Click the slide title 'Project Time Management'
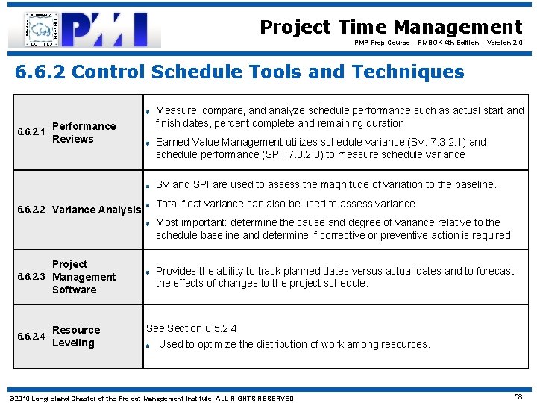(x=391, y=28)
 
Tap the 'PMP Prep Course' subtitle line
(x=439, y=43)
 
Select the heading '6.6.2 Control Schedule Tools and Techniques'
(x=239, y=72)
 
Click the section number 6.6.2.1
(x=31, y=133)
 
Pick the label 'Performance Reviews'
(x=84, y=133)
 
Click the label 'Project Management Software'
(x=83, y=277)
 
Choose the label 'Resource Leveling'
(x=75, y=337)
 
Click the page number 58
(x=518, y=398)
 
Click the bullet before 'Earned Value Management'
(x=148, y=143)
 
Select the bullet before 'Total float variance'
(x=148, y=204)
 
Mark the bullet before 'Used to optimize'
(x=149, y=346)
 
